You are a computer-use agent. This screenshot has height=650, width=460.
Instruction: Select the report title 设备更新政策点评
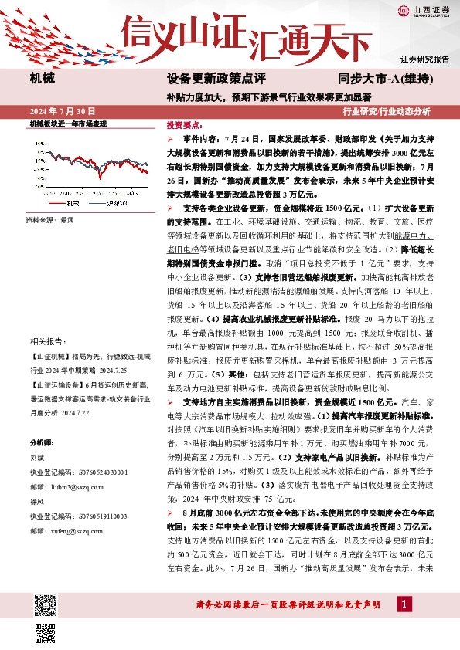click(216, 80)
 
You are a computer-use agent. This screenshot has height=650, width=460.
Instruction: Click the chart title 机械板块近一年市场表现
click(67, 124)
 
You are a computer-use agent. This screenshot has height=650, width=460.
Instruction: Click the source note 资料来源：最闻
click(50, 220)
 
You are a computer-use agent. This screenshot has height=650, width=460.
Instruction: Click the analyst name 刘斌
click(38, 457)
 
